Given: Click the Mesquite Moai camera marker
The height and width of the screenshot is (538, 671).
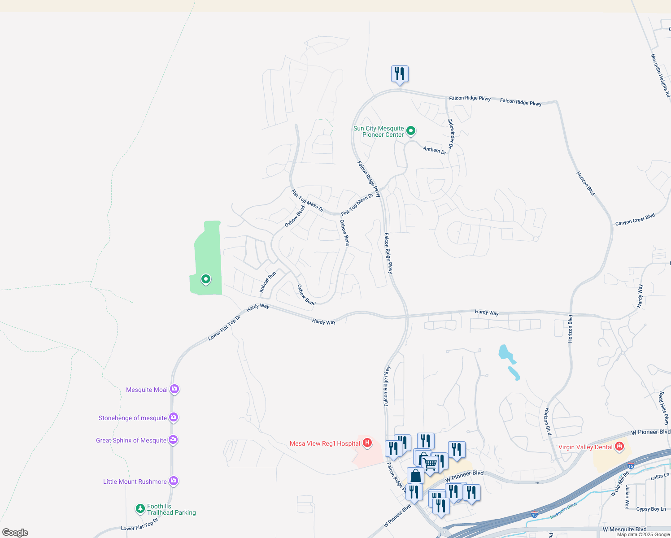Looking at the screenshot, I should (x=174, y=389).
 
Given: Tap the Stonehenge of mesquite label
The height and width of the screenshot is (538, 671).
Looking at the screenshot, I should (x=133, y=418).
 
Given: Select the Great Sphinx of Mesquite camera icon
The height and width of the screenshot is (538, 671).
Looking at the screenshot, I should (x=173, y=439).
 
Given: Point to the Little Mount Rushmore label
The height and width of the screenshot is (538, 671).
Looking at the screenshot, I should (x=135, y=482).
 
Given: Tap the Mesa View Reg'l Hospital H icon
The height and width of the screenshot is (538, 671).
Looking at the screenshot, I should (x=367, y=443).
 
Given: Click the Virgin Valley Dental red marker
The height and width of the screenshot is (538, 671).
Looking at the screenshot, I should (x=619, y=447).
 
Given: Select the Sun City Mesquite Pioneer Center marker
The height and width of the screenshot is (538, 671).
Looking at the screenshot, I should (x=410, y=131).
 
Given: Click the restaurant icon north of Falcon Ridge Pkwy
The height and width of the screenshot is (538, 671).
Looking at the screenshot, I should (x=400, y=74).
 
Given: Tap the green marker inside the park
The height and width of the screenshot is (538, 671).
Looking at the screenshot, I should (x=205, y=279).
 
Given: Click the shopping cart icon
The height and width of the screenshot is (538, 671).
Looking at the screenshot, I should (x=430, y=464).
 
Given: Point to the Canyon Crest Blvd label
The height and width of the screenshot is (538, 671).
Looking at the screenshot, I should (x=635, y=219).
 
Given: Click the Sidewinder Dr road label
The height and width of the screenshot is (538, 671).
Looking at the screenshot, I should (x=451, y=134).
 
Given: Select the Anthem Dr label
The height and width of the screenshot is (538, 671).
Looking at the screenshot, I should (x=435, y=150).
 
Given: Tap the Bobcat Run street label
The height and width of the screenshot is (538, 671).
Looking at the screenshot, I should (x=268, y=282).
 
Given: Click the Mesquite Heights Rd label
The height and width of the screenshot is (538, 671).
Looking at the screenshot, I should (x=660, y=75).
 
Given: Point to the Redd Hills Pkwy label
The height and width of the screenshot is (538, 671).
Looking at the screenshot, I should (x=663, y=408).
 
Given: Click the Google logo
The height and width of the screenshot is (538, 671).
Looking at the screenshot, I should (x=15, y=532).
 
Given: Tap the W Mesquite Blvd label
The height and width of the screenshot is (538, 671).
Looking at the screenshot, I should (x=624, y=529).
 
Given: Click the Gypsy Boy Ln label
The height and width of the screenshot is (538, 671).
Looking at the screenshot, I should (x=651, y=509).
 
